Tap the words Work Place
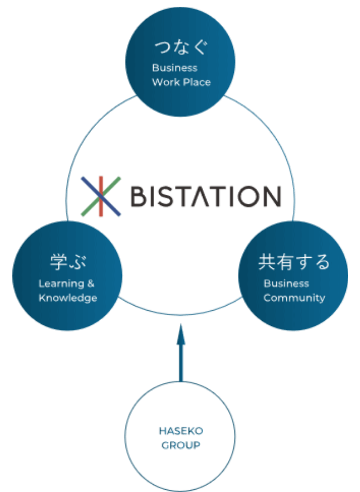point(181,82)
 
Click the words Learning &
point(66,284)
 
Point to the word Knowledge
point(67,298)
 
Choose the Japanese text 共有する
point(294,262)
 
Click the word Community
point(294,298)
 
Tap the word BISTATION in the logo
point(205,196)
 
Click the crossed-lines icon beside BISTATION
point(101,196)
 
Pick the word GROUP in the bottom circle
point(180,445)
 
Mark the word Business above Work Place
point(174,68)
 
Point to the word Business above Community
point(286,284)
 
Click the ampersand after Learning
point(91,284)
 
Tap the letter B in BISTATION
point(140,196)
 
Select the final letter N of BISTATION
point(269,196)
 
